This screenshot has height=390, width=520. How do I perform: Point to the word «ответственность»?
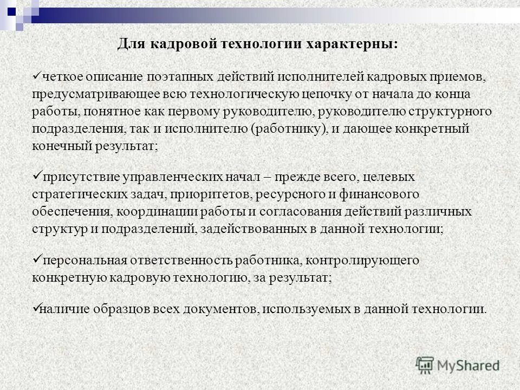(185, 260)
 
